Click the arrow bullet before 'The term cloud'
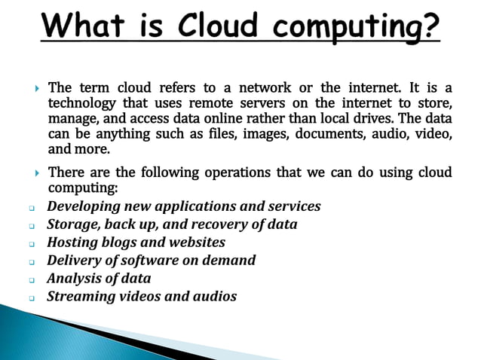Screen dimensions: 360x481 tap(38, 89)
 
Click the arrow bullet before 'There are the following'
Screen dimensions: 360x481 tap(38, 173)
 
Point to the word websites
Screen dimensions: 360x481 tap(198, 243)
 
